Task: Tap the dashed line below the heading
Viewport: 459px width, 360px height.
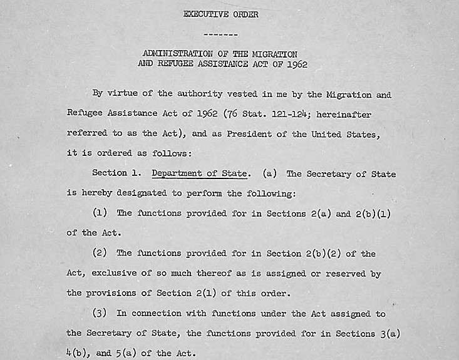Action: click(x=220, y=34)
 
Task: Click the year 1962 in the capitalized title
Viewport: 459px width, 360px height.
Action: click(x=294, y=64)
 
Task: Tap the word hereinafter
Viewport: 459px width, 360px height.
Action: click(x=343, y=115)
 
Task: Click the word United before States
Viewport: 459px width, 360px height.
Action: click(x=327, y=134)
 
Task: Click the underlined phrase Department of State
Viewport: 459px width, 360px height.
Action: click(x=200, y=173)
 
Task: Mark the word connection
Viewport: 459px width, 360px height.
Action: click(x=157, y=313)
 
